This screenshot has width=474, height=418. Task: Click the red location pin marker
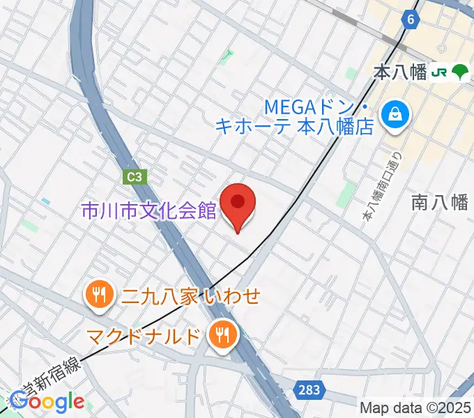tap(238, 204)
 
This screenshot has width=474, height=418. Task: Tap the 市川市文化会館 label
tap(148, 211)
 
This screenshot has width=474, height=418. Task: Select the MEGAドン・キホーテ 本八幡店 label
tap(315, 117)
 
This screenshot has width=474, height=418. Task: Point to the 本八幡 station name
tap(399, 72)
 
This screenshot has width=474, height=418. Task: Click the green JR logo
tap(439, 72)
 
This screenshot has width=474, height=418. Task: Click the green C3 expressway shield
tap(136, 177)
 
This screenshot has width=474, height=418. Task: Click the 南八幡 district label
tap(439, 202)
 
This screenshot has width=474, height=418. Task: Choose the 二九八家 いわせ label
tap(190, 296)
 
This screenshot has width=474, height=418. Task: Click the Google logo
tap(47, 401)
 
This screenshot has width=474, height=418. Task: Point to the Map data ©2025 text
tap(416, 408)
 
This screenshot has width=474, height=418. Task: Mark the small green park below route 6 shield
tap(227, 57)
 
